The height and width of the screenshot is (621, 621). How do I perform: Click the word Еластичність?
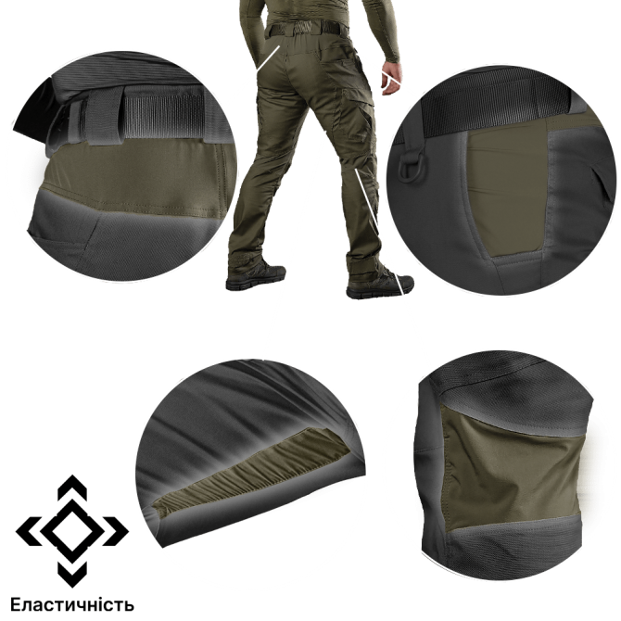pos(72,604)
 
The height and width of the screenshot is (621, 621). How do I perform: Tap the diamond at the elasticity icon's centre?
pos(72,531)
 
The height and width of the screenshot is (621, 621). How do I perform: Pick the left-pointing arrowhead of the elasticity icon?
pos(29,531)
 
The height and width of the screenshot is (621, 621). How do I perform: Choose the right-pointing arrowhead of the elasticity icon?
pos(116,531)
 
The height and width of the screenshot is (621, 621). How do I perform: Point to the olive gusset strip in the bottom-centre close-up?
pos(253,471)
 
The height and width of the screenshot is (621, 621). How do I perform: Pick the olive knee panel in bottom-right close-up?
pos(511,469)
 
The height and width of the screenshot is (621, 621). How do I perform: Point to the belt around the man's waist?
pos(305,29)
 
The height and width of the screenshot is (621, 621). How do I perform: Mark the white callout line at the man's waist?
pos(268,58)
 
